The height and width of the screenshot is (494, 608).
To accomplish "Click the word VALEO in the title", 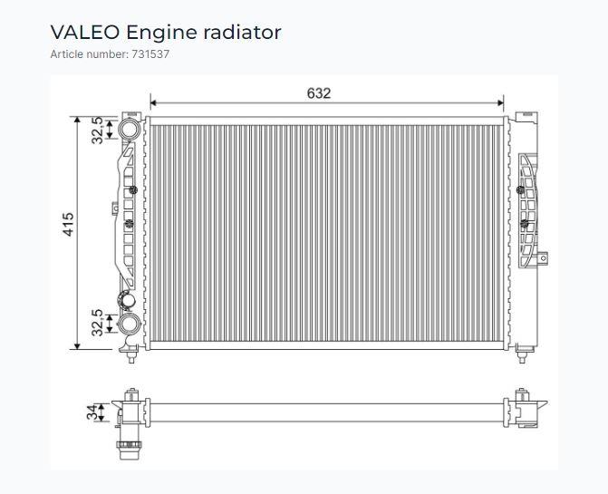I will (x=85, y=33).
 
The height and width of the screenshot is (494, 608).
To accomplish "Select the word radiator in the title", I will (x=242, y=33).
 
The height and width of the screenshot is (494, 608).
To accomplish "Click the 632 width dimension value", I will (x=318, y=92).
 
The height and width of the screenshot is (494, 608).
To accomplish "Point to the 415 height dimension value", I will (x=69, y=224).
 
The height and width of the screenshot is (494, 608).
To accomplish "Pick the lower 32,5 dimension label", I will (x=97, y=323).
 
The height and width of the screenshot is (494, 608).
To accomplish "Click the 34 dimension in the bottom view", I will (x=92, y=412).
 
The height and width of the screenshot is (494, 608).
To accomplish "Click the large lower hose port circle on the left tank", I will (x=129, y=324).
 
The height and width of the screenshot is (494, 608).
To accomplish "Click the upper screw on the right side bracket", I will (x=519, y=189).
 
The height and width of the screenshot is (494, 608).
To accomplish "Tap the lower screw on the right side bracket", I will (x=525, y=224).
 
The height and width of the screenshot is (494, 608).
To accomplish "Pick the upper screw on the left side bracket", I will (x=134, y=189).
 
